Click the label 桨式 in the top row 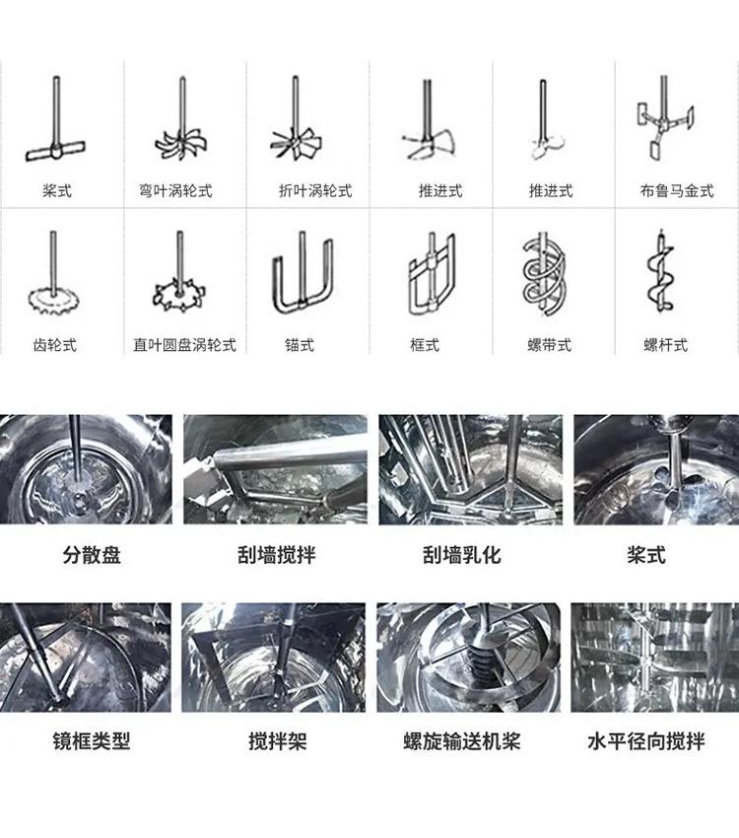[x=57, y=191]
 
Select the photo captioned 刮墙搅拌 [x=275, y=469]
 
